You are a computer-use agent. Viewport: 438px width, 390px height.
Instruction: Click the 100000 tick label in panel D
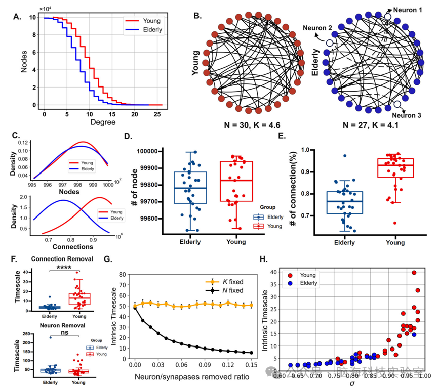click(155, 151)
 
